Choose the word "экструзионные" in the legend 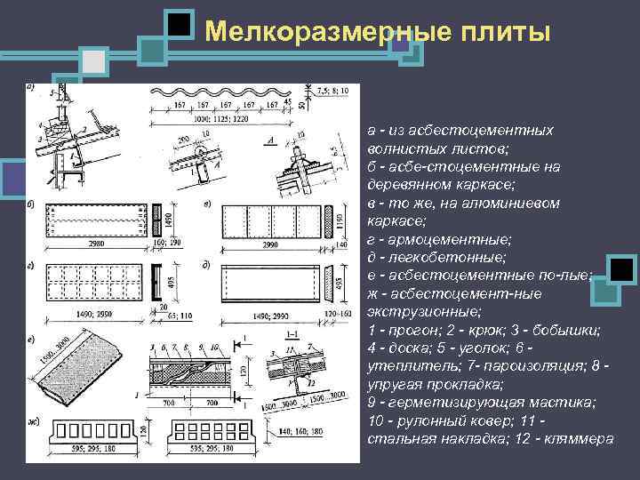[412, 311]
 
